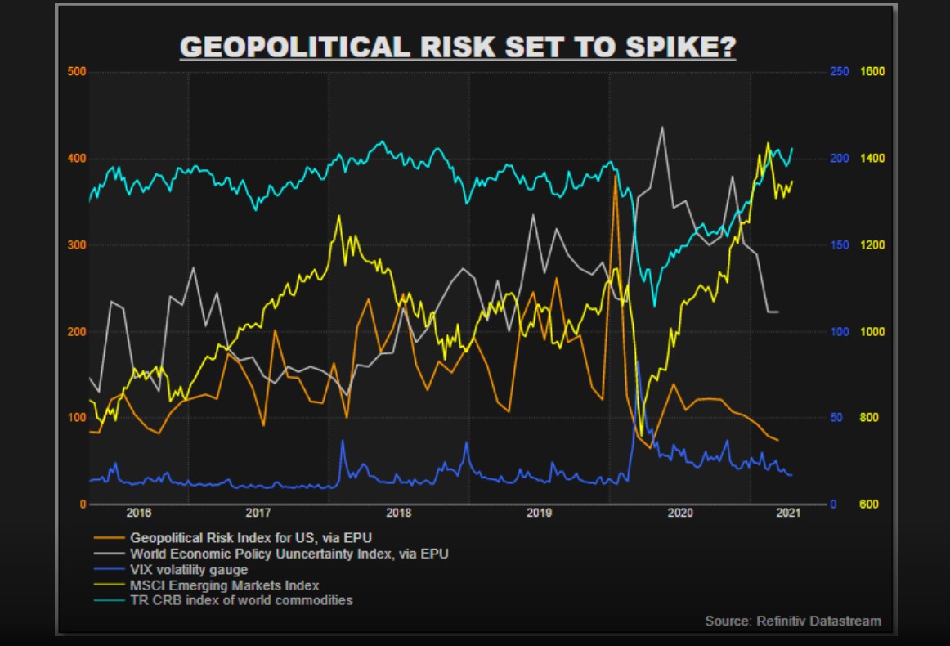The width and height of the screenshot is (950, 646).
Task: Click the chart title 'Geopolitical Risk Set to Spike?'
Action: point(458,47)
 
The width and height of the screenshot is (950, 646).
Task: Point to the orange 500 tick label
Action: point(76,72)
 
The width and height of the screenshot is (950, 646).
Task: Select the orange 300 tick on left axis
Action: point(76,245)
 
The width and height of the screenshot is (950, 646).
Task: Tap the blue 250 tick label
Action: point(839,72)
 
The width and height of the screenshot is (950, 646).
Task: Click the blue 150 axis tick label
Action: point(839,245)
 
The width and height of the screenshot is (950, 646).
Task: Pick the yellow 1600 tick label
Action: point(872,72)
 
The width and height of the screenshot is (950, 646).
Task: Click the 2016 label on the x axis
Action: point(139,513)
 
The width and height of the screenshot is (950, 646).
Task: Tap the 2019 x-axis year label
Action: point(540,513)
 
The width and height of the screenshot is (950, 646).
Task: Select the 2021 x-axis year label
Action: point(788,513)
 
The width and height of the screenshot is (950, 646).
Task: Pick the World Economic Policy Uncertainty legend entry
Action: point(289,554)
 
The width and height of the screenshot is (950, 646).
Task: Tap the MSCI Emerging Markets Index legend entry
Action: point(225,585)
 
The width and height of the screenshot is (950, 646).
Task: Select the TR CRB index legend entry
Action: point(241,600)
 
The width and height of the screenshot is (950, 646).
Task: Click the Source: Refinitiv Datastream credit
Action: point(793,621)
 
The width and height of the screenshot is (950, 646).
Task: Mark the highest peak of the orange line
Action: point(615,176)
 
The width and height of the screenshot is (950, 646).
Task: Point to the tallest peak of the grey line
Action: point(661,127)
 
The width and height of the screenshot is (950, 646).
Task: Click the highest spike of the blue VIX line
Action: point(637,361)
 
